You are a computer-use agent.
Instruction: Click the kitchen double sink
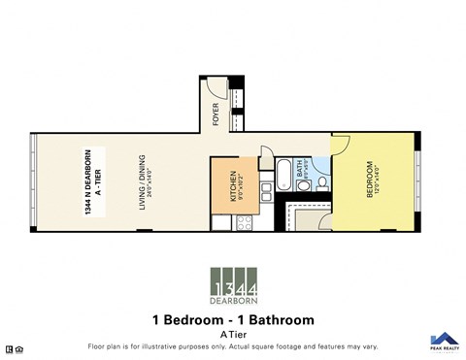tap(220, 221)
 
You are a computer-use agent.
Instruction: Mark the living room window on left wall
tap(36, 180)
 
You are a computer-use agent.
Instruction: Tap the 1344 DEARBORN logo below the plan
tap(233, 285)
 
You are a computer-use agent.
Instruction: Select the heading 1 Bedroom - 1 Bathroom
tap(233, 319)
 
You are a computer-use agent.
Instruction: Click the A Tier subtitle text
tap(233, 333)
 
